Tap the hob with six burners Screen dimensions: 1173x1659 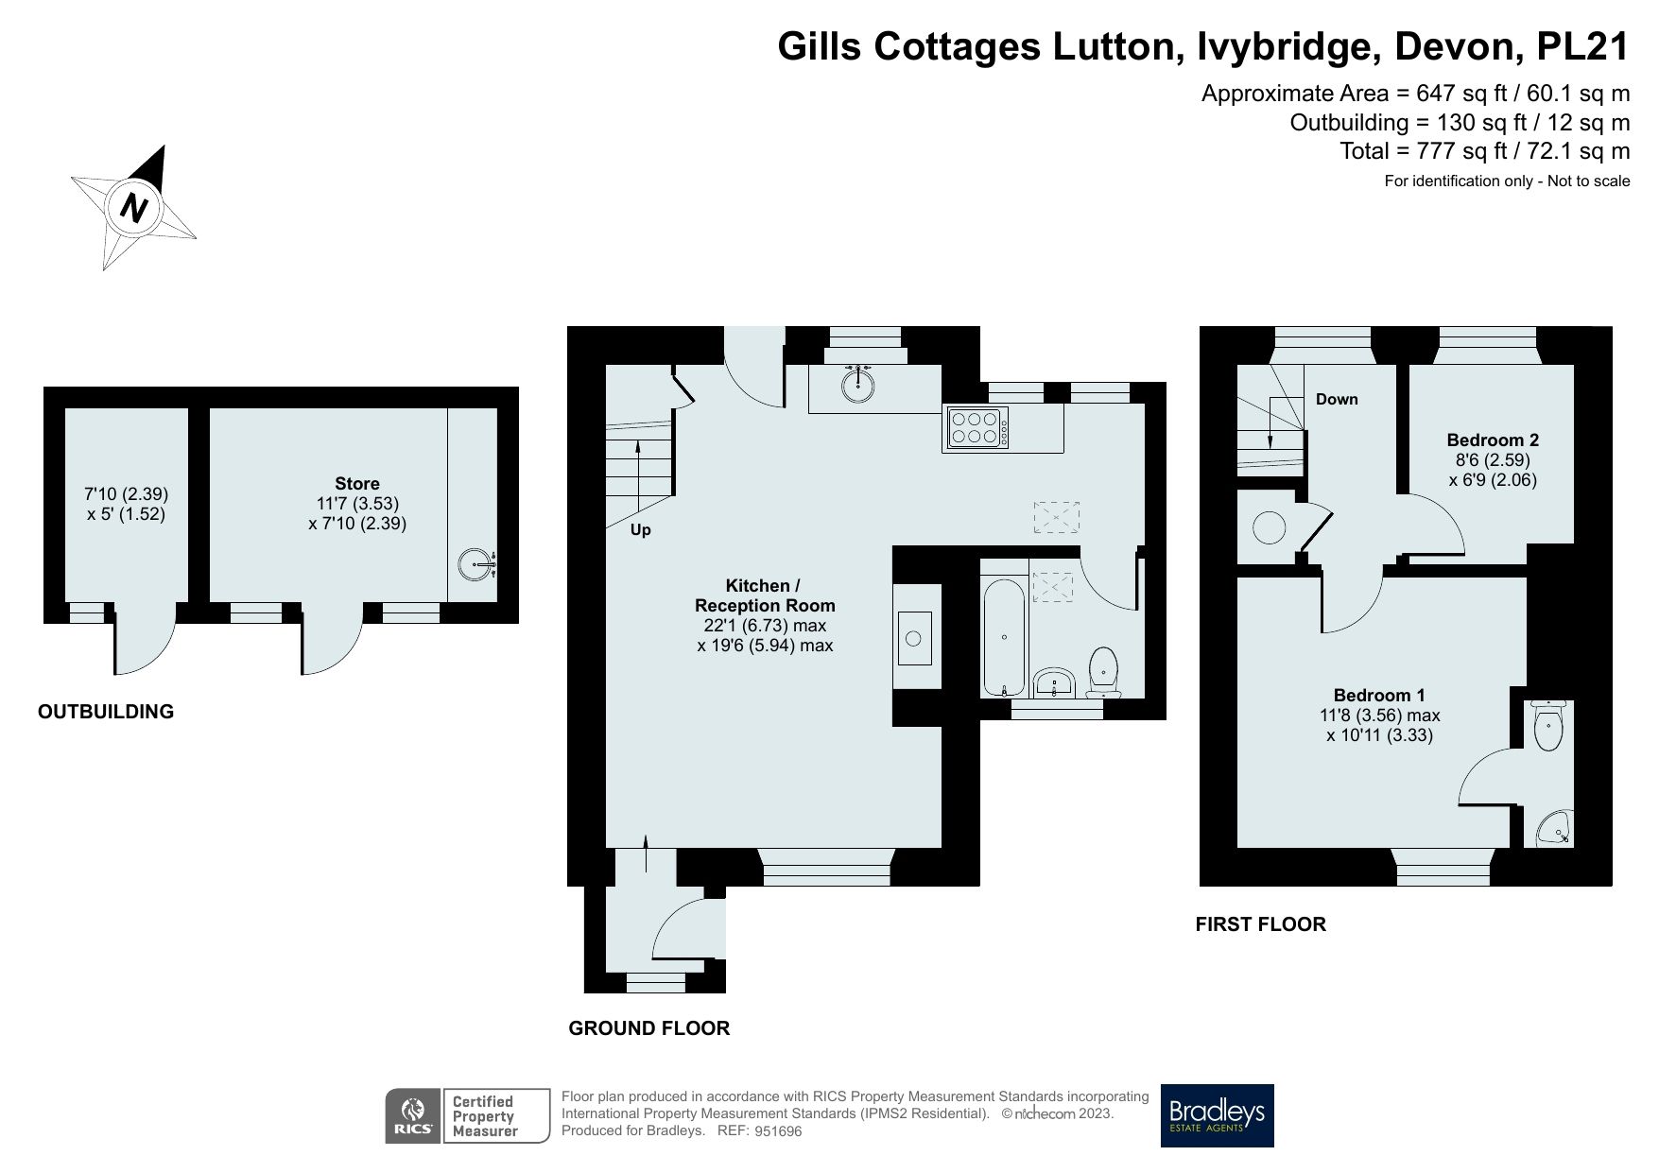[976, 427]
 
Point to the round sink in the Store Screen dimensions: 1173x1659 [475, 565]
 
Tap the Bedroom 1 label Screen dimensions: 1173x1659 [1379, 695]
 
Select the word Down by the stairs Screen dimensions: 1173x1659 [1337, 399]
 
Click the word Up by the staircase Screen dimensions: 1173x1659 [640, 530]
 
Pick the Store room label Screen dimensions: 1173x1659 [356, 483]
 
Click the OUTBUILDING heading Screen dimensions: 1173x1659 [106, 712]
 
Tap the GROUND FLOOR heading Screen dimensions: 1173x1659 [648, 1028]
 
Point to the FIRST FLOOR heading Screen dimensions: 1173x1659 [1260, 924]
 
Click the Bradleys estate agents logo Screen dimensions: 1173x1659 [1217, 1115]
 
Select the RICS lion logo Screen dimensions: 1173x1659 [411, 1116]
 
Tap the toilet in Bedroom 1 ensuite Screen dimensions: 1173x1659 [1547, 729]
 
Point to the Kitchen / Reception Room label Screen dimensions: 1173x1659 [765, 595]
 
